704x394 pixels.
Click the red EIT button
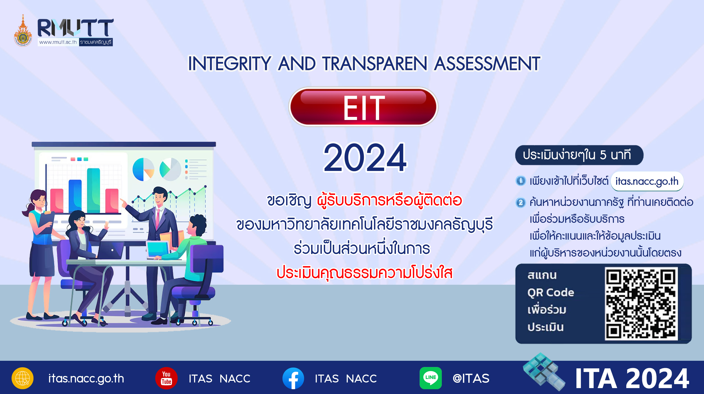[363, 107]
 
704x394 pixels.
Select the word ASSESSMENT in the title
[487, 64]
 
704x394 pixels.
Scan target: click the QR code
[641, 304]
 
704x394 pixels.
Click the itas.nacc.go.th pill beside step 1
[647, 181]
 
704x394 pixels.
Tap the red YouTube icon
[166, 378]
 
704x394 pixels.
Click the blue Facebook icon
[293, 378]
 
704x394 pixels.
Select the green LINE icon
[430, 378]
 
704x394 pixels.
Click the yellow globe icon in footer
[23, 378]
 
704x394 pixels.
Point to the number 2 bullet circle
[520, 202]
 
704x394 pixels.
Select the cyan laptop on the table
[158, 250]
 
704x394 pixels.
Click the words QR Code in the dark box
[551, 293]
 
